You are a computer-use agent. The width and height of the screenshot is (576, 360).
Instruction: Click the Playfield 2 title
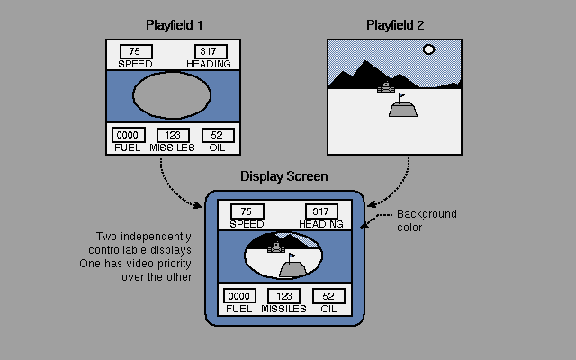pos(395,24)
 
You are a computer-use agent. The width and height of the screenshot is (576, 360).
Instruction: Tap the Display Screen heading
pos(283,176)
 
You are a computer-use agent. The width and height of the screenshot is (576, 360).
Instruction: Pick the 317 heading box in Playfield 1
pos(210,51)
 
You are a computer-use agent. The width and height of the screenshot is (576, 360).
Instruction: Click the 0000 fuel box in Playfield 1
pos(129,135)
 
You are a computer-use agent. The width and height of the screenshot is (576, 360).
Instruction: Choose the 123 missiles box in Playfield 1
pos(173,135)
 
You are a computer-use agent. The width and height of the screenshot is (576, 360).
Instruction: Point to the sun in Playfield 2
pos(428,50)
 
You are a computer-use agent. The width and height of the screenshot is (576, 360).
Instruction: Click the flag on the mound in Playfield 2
pos(401,95)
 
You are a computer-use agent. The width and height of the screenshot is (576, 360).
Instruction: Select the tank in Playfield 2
pos(386,87)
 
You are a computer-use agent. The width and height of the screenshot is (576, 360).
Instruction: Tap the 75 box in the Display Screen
pos(247,211)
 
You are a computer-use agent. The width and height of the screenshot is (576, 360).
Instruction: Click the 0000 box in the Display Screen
pos(238,296)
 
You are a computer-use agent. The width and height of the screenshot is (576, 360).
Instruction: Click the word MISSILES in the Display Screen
pos(284,309)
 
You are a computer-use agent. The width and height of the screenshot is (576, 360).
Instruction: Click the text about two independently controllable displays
pos(144,256)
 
